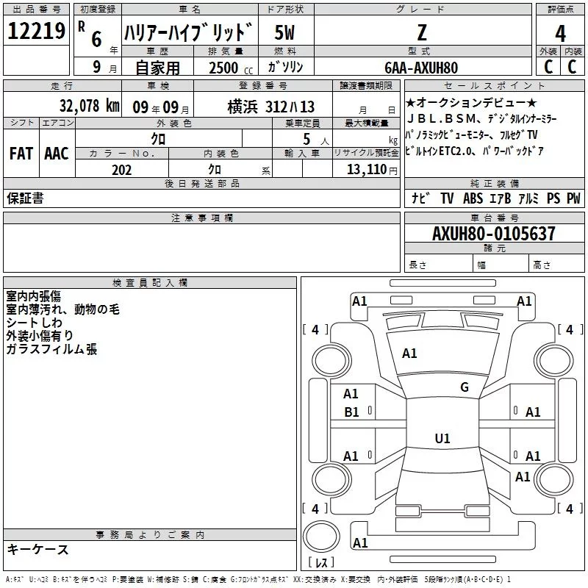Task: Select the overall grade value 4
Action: tap(560, 34)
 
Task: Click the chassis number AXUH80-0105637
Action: tap(493, 234)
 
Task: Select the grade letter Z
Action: tap(420, 33)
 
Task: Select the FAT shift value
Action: tap(21, 154)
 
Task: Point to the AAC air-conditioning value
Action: tap(56, 154)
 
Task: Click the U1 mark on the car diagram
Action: tap(442, 439)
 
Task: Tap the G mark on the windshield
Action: tap(464, 387)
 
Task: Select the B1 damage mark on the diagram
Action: tap(351, 412)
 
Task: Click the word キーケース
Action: tap(37, 549)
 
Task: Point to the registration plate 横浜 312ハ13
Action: tap(271, 105)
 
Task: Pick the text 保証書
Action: tap(25, 198)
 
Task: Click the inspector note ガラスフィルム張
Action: tap(51, 349)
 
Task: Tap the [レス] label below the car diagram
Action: tap(320, 563)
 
